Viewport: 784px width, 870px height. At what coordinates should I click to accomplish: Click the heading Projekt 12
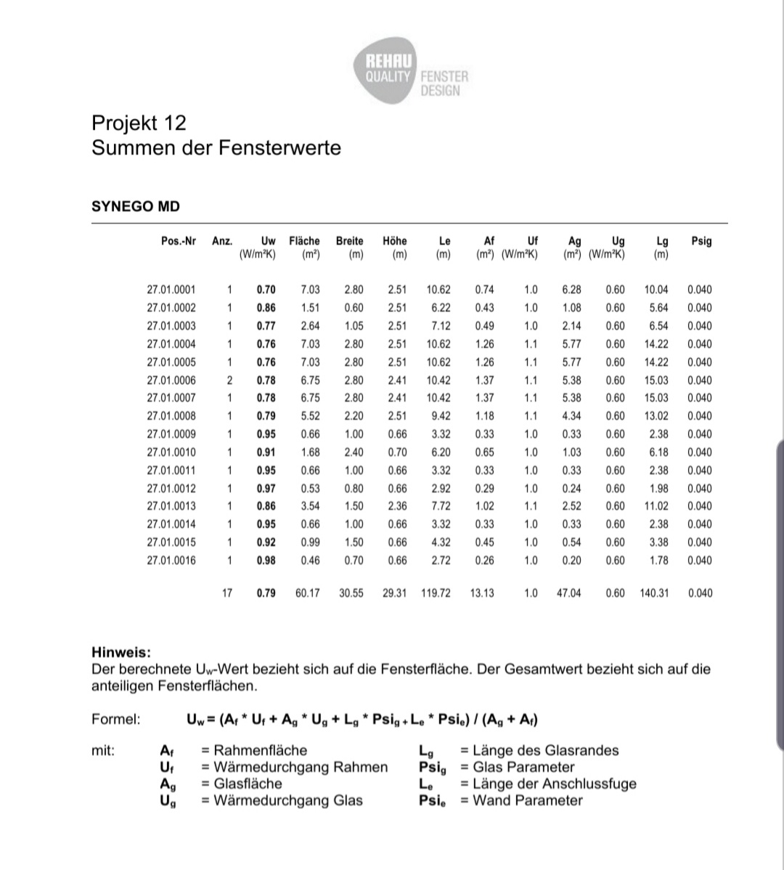pos(139,123)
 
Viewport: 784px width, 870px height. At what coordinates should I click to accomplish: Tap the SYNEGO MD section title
pos(136,206)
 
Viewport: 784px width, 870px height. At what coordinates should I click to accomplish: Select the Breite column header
pos(349,241)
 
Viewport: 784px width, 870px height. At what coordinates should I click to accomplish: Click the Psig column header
pos(701,241)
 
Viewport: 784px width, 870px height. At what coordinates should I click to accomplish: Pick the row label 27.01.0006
pos(171,380)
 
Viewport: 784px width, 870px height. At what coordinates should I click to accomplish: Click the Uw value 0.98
pos(266,560)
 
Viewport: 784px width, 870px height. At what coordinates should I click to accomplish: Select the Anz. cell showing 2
pos(229,380)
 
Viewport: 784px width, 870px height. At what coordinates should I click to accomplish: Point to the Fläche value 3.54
pos(310,506)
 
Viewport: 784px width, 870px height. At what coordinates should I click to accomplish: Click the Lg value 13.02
pos(656,416)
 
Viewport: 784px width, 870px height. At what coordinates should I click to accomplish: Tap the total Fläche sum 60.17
pos(307,593)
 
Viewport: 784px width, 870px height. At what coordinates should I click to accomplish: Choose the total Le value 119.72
pos(436,593)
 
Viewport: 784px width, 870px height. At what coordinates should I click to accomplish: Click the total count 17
pos(226,593)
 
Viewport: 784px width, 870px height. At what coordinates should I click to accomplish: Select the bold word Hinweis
pos(121,653)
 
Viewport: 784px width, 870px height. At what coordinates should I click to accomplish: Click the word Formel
pos(116,720)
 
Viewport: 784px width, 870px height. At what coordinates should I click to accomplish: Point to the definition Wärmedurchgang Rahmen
pos(300,767)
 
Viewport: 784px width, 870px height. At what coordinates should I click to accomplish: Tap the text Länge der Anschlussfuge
pos(554,784)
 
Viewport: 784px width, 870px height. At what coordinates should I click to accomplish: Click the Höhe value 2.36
pos(397,506)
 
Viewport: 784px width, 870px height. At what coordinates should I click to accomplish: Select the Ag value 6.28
pos(571,290)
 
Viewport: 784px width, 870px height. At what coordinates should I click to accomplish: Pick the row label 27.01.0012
pos(171,488)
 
